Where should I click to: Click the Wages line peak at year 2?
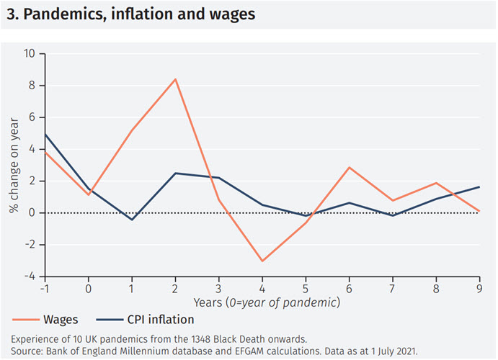[x=175, y=79]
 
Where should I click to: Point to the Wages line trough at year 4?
[x=262, y=261]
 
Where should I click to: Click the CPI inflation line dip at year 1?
[x=132, y=220]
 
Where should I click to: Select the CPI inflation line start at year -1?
[x=45, y=135]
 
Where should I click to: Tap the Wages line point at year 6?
[x=350, y=167]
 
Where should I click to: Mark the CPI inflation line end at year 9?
[x=480, y=187]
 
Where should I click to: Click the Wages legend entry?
[x=59, y=317]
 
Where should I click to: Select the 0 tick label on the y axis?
[x=31, y=213]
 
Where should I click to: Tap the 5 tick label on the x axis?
[x=306, y=289]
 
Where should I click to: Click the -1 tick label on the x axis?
[x=45, y=289]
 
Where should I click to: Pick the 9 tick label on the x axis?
[x=480, y=289]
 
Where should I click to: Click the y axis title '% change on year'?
[x=13, y=165]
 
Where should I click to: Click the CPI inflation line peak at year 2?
[x=175, y=173]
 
